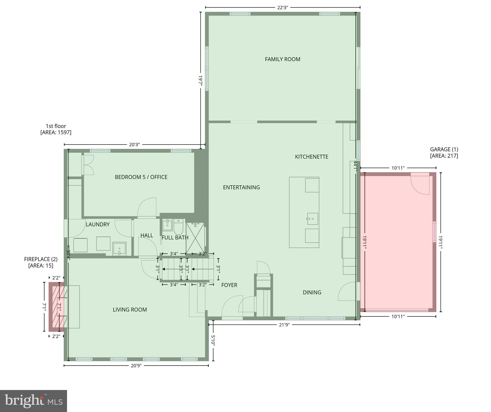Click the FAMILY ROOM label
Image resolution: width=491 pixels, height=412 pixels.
(282, 59)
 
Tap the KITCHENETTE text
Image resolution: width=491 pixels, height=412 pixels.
(311, 157)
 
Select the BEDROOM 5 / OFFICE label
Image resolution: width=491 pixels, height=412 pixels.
(141, 177)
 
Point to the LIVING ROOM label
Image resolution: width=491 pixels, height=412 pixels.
(130, 310)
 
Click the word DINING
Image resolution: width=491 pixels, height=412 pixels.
(312, 292)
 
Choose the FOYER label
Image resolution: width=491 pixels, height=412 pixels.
(229, 285)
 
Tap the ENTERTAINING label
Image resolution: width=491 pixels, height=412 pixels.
(241, 187)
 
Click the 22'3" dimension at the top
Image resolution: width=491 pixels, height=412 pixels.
(282, 8)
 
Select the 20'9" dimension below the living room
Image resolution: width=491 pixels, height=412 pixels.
(136, 365)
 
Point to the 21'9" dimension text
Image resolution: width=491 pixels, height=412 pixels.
(284, 325)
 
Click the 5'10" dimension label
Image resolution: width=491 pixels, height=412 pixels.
(213, 341)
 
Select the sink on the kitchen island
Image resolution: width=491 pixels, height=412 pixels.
(312, 219)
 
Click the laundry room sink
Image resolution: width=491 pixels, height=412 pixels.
(119, 249)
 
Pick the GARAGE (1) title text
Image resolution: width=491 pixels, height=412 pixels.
(444, 149)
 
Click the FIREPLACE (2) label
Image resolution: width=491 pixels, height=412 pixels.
(41, 259)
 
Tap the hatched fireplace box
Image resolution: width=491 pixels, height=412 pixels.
(58, 307)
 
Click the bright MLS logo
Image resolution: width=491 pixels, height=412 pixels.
(34, 401)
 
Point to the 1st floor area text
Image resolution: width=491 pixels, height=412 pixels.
(56, 129)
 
